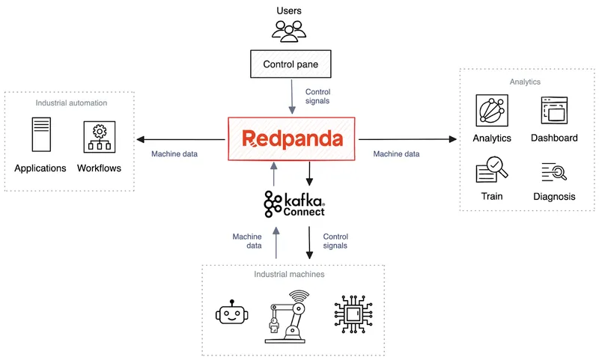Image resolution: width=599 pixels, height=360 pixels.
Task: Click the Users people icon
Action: (290, 30)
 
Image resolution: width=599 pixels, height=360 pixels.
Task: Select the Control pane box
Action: (291, 64)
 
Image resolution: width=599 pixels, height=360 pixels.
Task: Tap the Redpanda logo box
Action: (294, 139)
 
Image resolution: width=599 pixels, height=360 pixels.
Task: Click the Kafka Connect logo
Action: (294, 204)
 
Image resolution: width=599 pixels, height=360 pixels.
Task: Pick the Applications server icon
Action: (40, 135)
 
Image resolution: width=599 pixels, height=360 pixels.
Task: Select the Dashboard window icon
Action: (555, 111)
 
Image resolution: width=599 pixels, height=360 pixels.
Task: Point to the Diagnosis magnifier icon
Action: (555, 172)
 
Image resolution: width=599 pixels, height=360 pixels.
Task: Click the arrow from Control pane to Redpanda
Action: (291, 97)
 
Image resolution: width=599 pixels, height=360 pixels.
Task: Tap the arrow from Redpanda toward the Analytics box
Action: (408, 139)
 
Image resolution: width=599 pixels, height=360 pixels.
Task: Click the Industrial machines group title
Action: (289, 275)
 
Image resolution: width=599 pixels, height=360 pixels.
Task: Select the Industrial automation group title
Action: (71, 103)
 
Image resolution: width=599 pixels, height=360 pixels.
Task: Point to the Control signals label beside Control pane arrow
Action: (317, 97)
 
